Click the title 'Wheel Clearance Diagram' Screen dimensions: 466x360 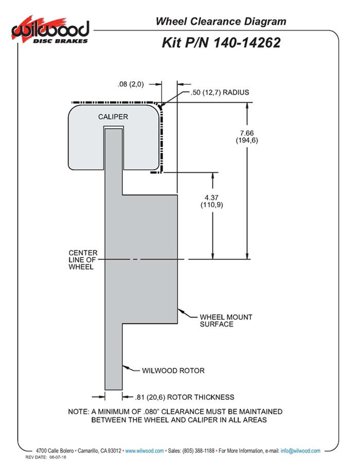(221, 21)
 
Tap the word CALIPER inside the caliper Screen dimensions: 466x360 (113, 117)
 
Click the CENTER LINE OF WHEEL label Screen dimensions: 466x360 (82, 260)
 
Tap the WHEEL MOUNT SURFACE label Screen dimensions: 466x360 (226, 320)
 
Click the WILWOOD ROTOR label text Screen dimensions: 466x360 (173, 370)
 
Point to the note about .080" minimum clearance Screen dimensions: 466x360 (175, 416)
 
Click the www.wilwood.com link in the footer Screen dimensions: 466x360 (145, 451)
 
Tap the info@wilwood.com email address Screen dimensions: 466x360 (300, 451)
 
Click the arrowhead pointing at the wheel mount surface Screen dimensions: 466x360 (180, 310)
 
